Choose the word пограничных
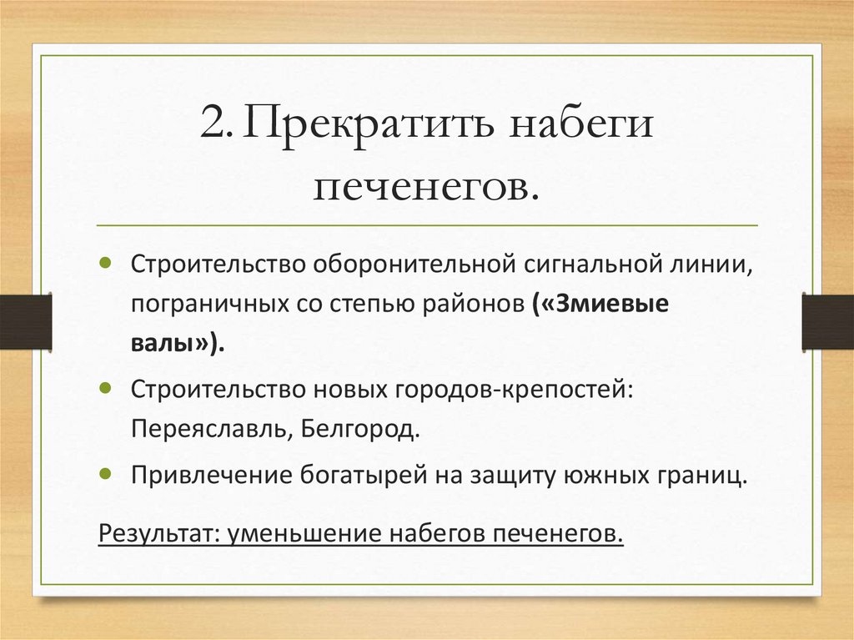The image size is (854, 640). click(x=198, y=305)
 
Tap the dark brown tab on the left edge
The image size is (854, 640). click(x=24, y=321)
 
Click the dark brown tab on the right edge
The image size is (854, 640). click(x=828, y=321)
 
